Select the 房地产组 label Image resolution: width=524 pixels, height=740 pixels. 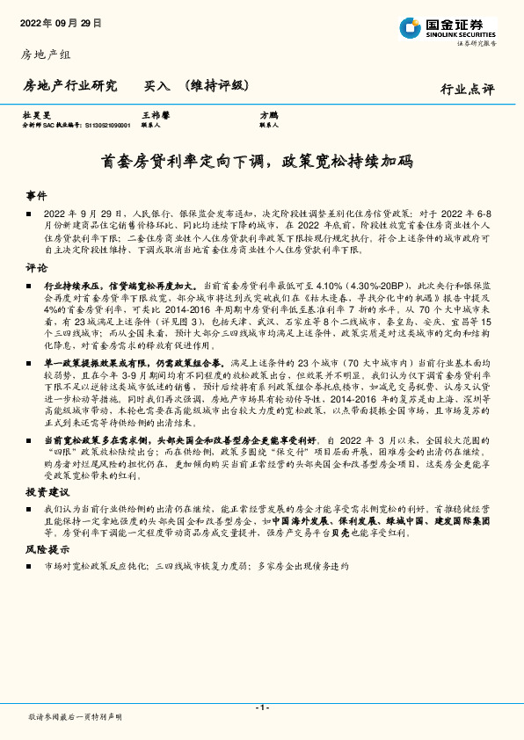(x=45, y=55)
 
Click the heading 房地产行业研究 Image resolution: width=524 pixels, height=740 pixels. (x=69, y=86)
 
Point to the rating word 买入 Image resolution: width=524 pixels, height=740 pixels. (x=156, y=86)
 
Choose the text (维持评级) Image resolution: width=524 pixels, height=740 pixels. (x=215, y=86)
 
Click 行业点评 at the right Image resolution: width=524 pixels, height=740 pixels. (x=467, y=89)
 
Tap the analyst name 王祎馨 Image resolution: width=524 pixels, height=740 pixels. (x=156, y=115)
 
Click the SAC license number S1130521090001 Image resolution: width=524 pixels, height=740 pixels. (x=107, y=125)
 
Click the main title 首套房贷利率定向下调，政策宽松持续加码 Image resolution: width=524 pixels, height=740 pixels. (x=261, y=162)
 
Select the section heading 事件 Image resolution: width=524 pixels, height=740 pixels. (x=36, y=196)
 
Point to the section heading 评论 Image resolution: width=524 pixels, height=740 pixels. (x=36, y=268)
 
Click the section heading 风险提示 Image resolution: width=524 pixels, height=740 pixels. (x=47, y=548)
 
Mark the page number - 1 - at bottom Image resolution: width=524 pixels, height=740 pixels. (x=261, y=707)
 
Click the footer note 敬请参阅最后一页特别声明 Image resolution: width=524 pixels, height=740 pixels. (x=76, y=718)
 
